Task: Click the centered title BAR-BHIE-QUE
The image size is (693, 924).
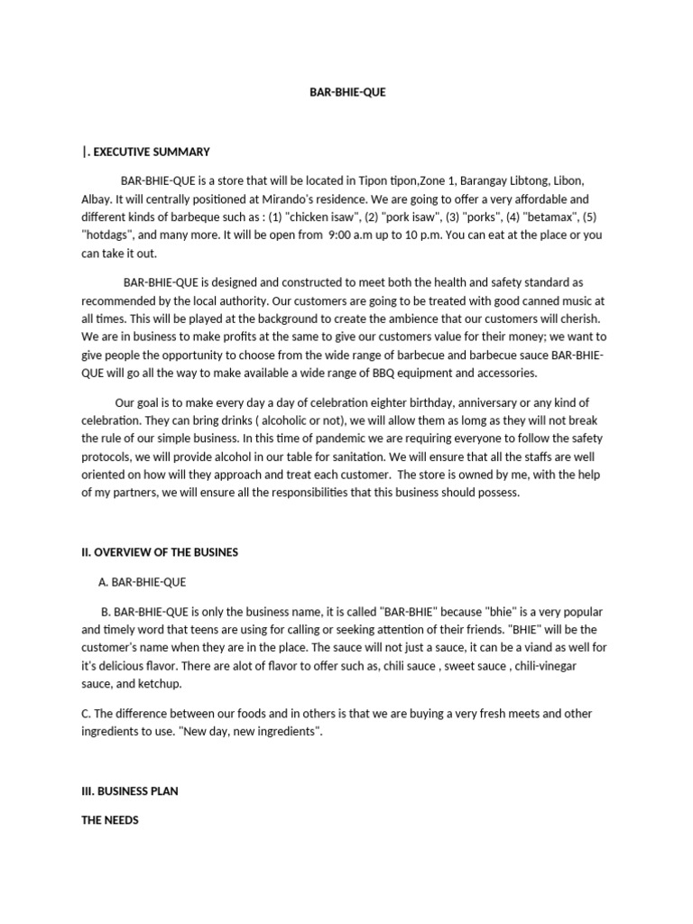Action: click(347, 92)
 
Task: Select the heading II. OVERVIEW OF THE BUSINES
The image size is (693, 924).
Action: click(160, 552)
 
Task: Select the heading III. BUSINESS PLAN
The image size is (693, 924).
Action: click(130, 790)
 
